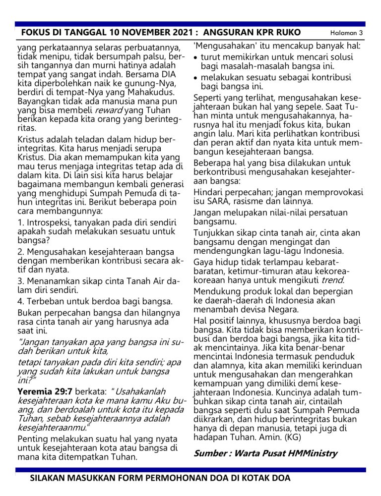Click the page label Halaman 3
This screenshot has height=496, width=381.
click(347, 33)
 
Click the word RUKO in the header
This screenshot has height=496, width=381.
click(288, 33)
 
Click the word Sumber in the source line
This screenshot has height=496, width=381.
click(212, 453)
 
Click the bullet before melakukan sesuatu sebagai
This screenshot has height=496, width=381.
click(196, 78)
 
